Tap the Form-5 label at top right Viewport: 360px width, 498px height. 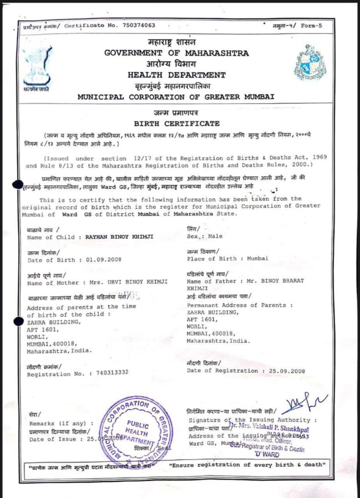pyautogui.click(x=311, y=26)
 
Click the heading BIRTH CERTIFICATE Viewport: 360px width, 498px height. pyautogui.click(x=176, y=123)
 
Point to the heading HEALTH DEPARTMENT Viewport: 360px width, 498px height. pyautogui.click(x=176, y=75)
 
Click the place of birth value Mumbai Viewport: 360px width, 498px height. pyautogui.click(x=258, y=258)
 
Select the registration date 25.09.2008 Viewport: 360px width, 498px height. pyautogui.click(x=284, y=370)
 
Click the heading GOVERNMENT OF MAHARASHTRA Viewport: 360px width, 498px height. pyautogui.click(x=176, y=53)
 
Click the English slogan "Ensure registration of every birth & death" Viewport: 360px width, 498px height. pyautogui.click(x=247, y=465)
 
